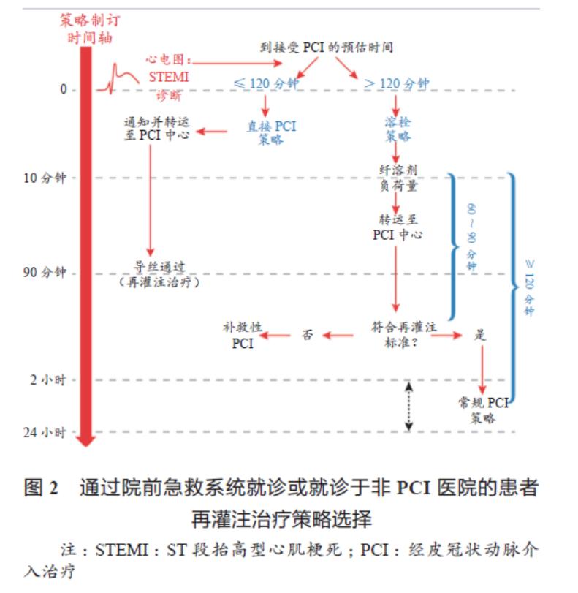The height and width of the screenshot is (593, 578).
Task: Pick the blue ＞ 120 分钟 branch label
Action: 396,83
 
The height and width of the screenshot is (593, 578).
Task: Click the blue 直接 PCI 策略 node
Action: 271,132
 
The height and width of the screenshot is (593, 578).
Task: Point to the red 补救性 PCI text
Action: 243,335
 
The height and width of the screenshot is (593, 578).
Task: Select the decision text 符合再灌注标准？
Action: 403,334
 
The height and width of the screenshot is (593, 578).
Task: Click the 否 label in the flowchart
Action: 308,335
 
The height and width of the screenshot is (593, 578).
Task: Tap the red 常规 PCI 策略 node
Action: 482,410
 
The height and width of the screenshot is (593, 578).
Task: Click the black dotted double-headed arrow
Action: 409,405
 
